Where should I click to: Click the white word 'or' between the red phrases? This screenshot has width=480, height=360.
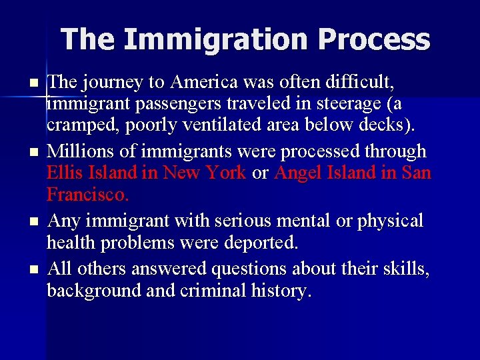[x=260, y=173]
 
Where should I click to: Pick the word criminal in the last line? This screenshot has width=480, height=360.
[x=199, y=291]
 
